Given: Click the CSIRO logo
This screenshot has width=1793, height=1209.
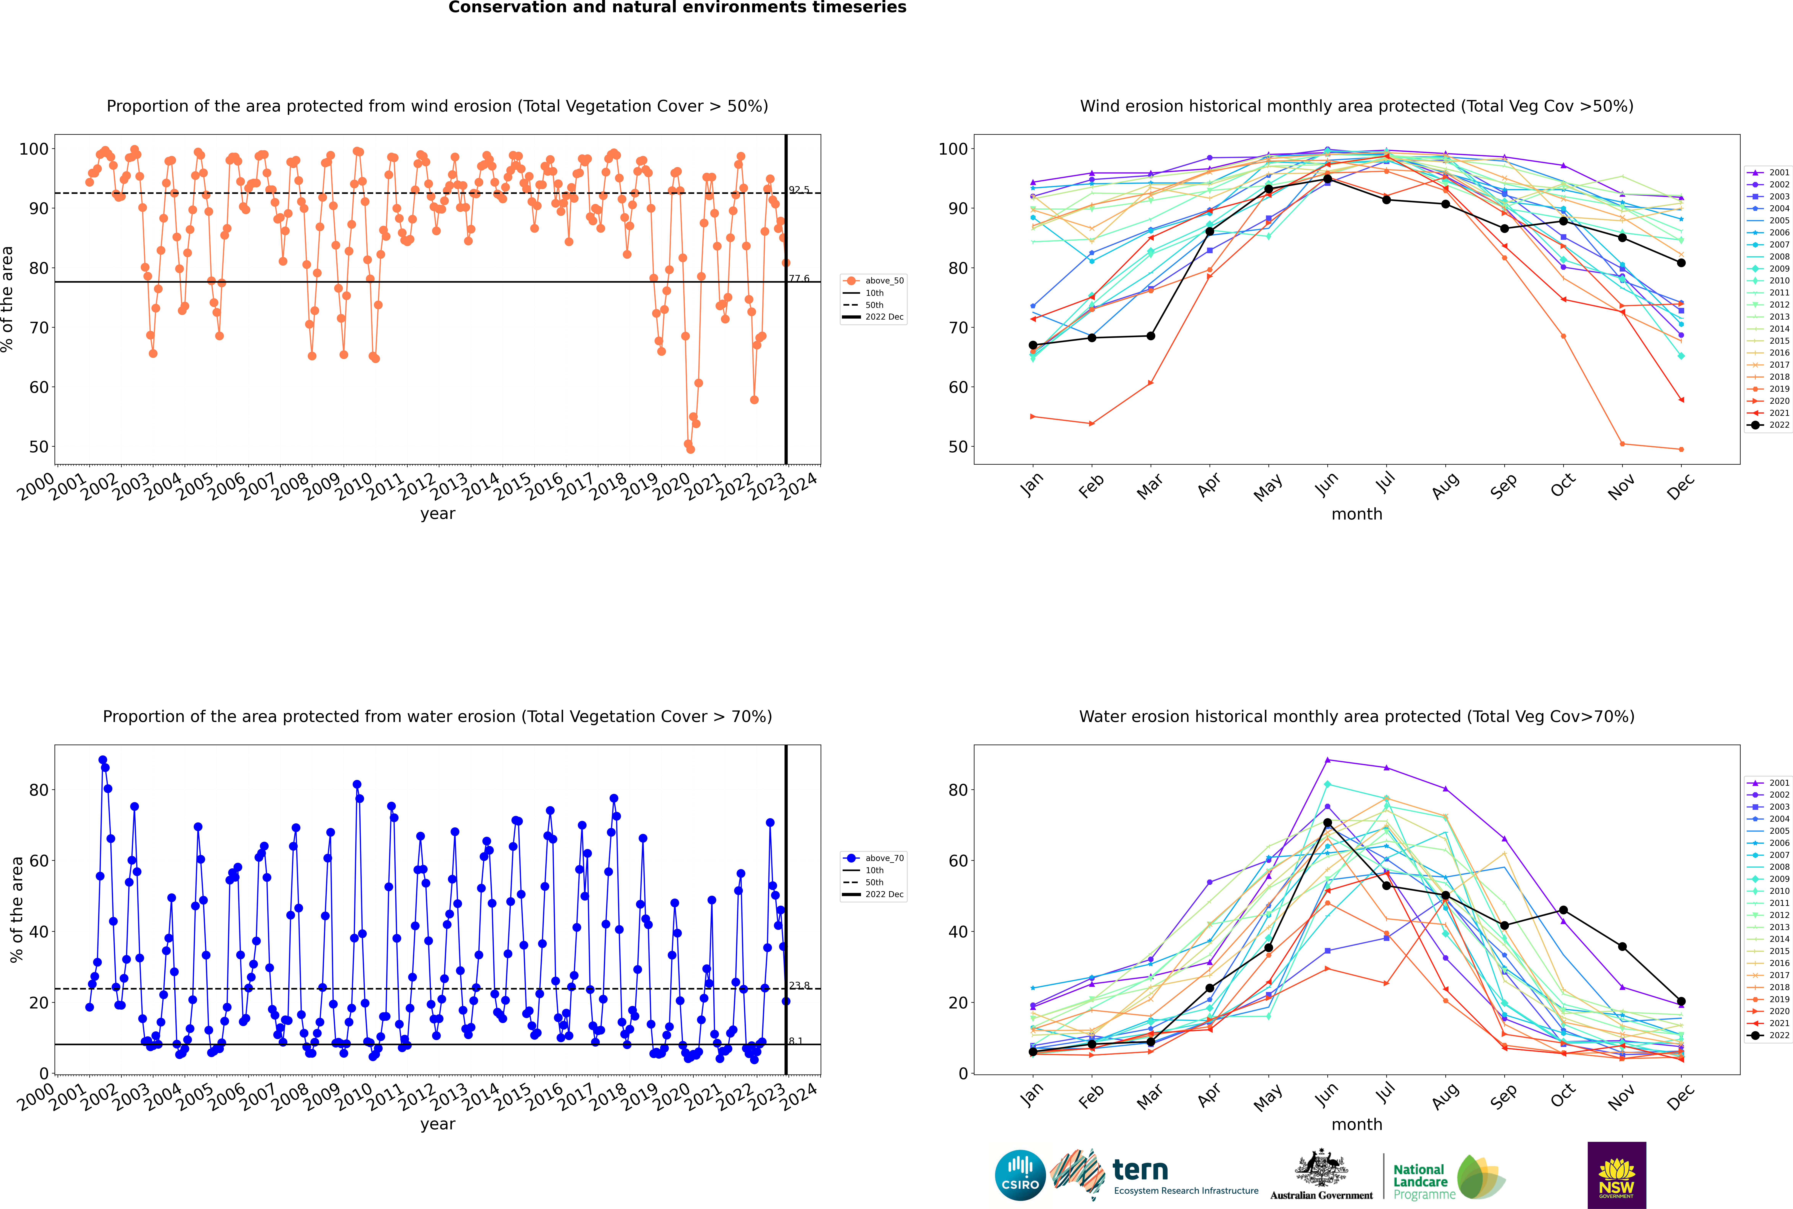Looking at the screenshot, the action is [1020, 1175].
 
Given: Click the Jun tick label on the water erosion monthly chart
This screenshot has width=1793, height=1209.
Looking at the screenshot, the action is [1326, 1095].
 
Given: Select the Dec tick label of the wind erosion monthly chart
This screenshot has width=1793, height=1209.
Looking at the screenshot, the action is [1681, 486].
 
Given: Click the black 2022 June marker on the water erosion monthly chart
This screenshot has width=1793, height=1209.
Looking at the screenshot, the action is [1327, 823].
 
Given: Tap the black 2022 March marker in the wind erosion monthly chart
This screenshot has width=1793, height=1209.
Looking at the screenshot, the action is [1151, 336].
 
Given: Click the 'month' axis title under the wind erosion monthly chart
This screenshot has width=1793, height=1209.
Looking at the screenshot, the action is [1357, 514].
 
